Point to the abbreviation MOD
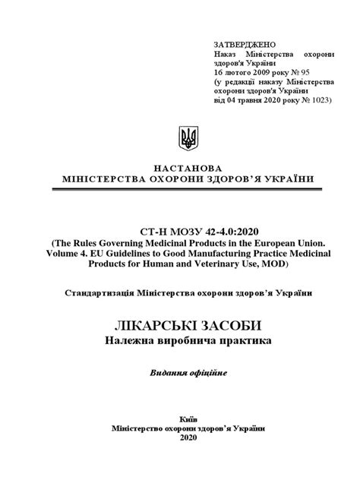(x=286, y=265)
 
